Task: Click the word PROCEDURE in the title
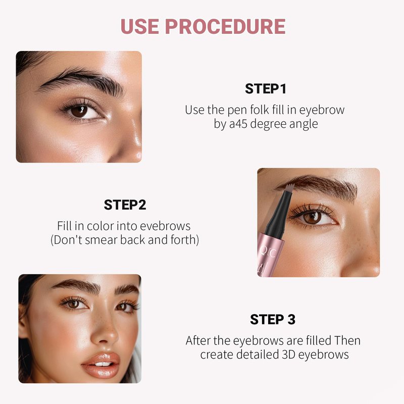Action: click(x=225, y=26)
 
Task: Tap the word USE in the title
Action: click(x=140, y=26)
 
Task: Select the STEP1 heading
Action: click(x=266, y=89)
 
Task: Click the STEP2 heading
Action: click(x=125, y=205)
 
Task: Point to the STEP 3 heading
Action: click(x=273, y=320)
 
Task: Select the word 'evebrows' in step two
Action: click(x=165, y=226)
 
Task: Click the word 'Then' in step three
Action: click(x=347, y=340)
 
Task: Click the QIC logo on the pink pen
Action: click(x=268, y=253)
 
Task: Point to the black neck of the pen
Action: click(x=277, y=217)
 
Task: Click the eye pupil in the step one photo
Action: click(x=79, y=111)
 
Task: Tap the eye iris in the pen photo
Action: click(x=312, y=218)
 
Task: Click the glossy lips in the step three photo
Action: click(x=101, y=365)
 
